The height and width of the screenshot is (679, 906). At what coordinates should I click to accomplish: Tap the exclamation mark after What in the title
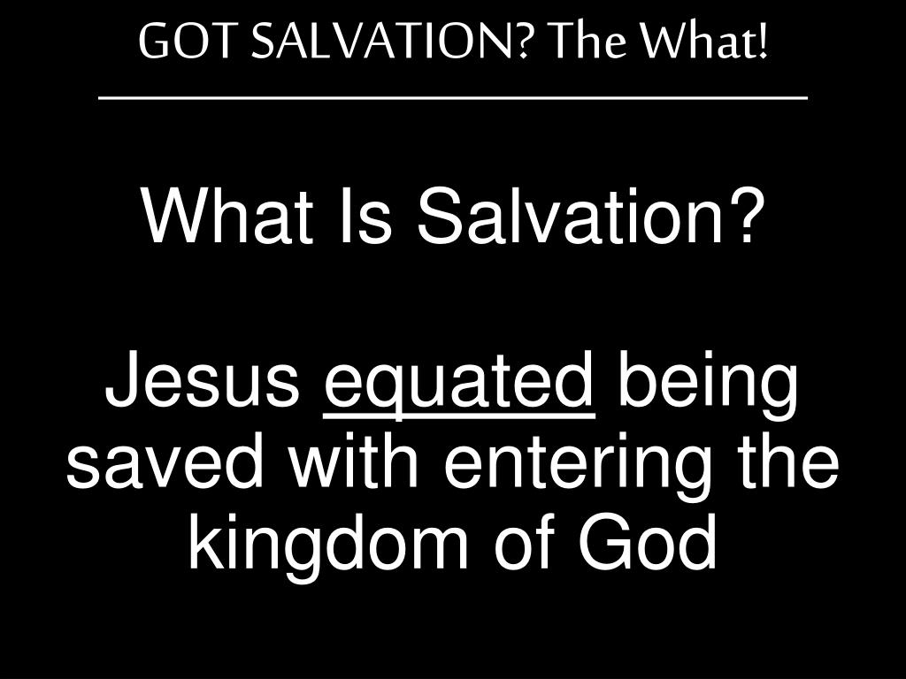[x=762, y=42]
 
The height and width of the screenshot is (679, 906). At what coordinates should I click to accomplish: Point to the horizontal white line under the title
[x=453, y=98]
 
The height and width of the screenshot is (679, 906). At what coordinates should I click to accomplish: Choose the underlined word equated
[x=459, y=385]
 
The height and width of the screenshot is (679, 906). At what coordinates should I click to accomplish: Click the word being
[x=708, y=385]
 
